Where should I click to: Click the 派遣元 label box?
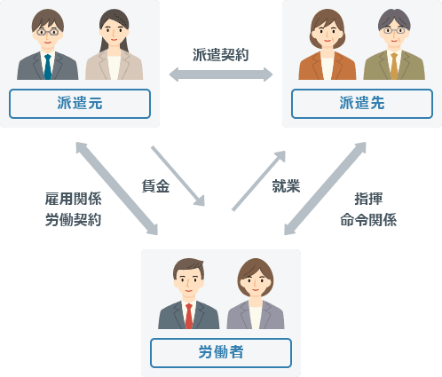80,104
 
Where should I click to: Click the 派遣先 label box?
362,104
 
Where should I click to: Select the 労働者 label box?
221,353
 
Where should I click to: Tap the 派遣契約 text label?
221,55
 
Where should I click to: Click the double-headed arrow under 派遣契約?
221,75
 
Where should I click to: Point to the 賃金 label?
155,186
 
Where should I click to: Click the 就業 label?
286,186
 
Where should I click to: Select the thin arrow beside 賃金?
178,176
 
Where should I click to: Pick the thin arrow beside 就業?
258,181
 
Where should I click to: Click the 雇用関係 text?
74,199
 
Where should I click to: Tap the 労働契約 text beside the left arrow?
74,220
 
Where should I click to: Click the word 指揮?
368,199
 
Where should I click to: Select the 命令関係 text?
368,220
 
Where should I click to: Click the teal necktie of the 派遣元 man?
48,67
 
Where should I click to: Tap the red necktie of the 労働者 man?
189,316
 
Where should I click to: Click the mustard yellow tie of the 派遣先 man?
394,67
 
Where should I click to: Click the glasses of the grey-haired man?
394,30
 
